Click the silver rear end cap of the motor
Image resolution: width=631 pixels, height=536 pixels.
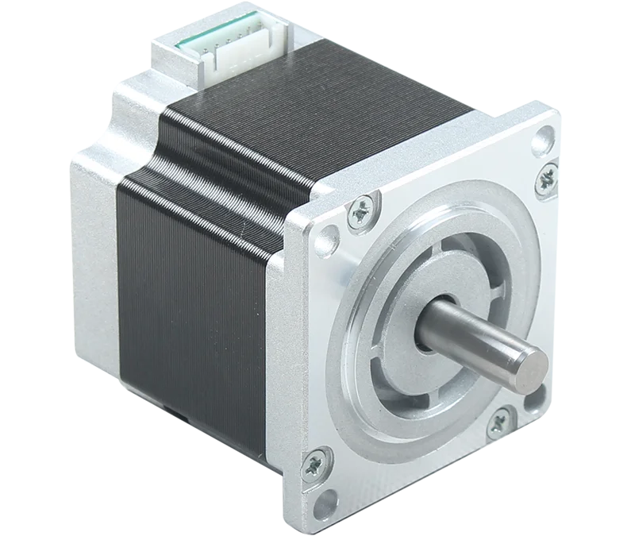pyautogui.click(x=95, y=238)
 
